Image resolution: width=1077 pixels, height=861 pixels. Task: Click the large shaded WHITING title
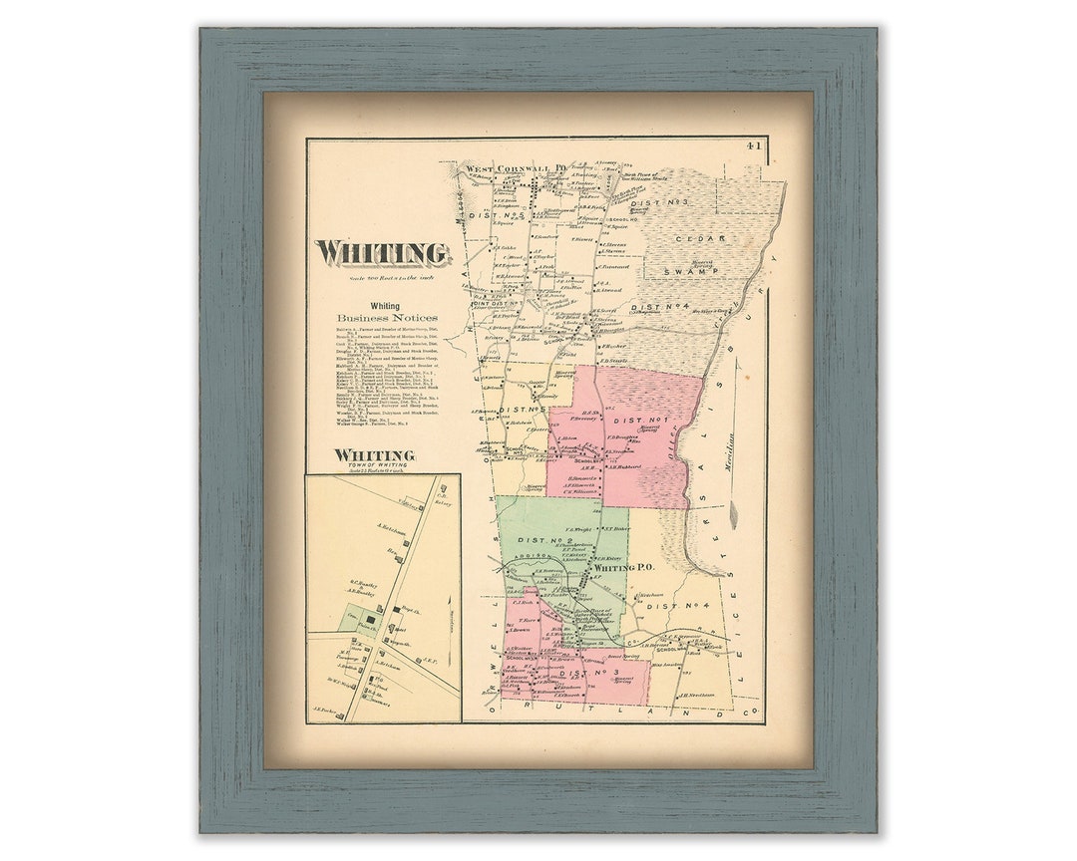(383, 253)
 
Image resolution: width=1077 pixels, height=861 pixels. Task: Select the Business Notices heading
(385, 318)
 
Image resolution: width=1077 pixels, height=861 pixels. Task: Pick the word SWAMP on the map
(701, 271)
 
